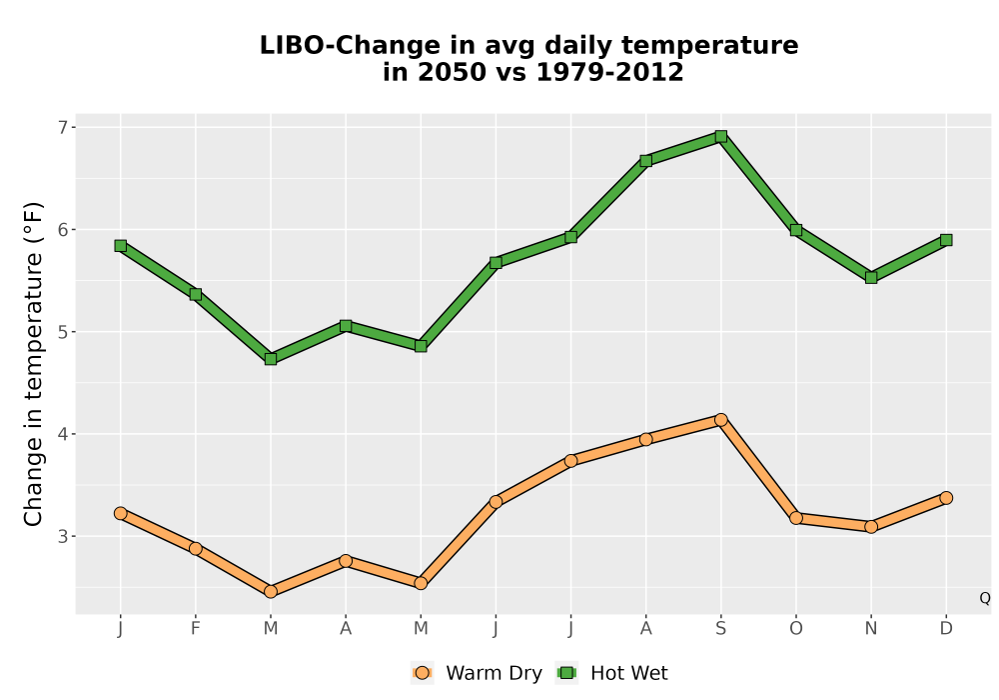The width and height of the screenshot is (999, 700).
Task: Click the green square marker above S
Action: tap(720, 136)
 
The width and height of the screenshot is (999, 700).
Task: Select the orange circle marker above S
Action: tap(720, 419)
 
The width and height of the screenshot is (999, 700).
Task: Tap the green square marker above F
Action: tap(196, 294)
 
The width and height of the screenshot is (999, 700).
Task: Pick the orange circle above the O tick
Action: tap(796, 518)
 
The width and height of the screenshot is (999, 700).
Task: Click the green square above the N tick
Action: tap(871, 277)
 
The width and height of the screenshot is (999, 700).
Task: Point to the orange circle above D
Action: tap(946, 498)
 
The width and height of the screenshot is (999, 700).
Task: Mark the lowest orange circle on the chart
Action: tap(271, 592)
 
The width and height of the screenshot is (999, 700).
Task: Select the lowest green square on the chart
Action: tap(271, 359)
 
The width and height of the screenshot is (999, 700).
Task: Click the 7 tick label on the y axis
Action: tap(62, 128)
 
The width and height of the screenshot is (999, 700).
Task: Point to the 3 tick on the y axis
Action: tap(62, 536)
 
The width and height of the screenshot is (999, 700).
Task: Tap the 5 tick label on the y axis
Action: tap(62, 332)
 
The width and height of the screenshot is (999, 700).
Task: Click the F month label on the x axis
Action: tap(196, 629)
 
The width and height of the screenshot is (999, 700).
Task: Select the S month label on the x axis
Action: tap(720, 629)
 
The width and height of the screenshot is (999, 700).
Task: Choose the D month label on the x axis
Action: tap(946, 629)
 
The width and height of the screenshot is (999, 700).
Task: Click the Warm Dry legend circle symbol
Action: tap(422, 673)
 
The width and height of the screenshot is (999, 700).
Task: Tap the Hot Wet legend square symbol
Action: tap(566, 673)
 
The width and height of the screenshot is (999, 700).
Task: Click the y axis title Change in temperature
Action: tap(33, 363)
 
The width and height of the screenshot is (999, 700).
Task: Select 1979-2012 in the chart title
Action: tap(609, 72)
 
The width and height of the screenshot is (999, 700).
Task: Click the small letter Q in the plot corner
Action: tap(985, 598)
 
